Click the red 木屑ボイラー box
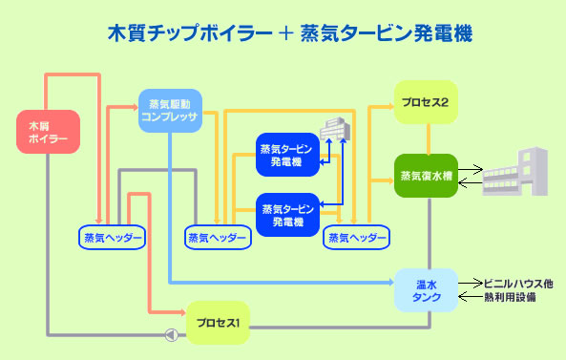coord(48,132)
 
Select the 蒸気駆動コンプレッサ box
coord(170,111)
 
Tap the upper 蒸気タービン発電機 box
coord(287,155)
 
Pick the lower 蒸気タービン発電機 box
coord(287,215)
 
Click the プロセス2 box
coord(426,102)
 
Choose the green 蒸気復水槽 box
coord(426,176)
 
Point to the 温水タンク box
coord(426,290)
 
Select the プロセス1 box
coord(218,323)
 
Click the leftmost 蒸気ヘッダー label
coord(113,238)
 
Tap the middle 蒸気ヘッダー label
coord(218,238)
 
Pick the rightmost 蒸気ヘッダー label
coord(357,238)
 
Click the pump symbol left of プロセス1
coord(172,335)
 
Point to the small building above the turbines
coord(335,128)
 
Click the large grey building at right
coord(515,172)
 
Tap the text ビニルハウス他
coord(518,284)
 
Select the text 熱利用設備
coord(510,298)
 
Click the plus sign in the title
coord(286,33)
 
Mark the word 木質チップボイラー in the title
coord(190,33)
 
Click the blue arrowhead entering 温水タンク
coord(391,282)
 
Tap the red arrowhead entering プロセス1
coord(183,312)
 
